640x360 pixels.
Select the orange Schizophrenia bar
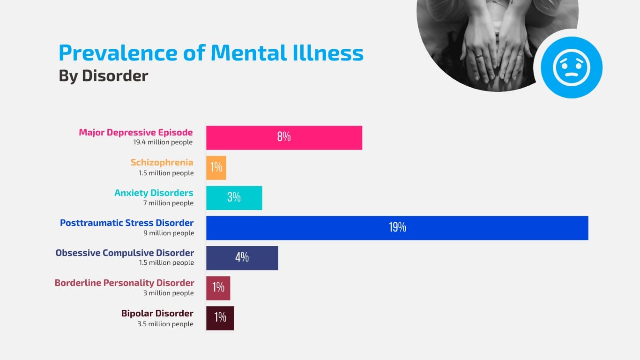(216, 168)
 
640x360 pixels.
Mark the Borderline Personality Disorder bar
(218, 288)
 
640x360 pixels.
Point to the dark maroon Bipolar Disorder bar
(220, 318)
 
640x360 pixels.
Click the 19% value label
(397, 228)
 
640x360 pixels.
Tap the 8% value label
(283, 137)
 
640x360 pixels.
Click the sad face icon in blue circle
(572, 67)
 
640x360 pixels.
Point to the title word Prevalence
(117, 53)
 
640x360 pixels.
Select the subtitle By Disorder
(103, 76)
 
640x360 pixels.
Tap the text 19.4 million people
(163, 142)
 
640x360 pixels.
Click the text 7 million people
(168, 203)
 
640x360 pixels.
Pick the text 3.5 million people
(165, 324)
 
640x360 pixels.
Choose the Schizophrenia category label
(162, 163)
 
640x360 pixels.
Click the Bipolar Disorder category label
(157, 313)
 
